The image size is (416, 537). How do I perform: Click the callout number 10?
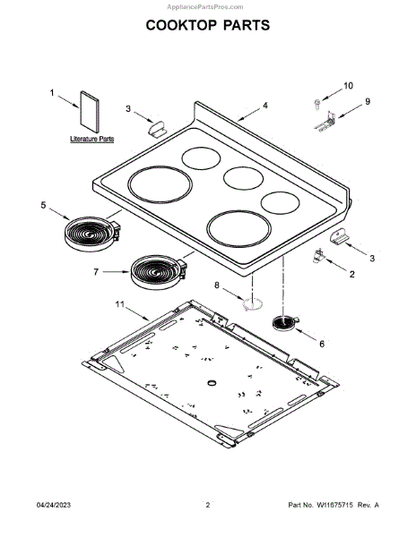(x=348, y=86)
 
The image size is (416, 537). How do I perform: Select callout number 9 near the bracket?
(x=368, y=101)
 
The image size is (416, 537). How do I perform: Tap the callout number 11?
(x=119, y=304)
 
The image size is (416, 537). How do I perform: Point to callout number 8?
(x=217, y=285)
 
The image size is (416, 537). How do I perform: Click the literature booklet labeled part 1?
(x=90, y=112)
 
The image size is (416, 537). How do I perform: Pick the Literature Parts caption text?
(x=92, y=139)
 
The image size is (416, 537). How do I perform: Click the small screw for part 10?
(x=316, y=104)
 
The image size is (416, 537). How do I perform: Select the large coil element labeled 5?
(x=92, y=234)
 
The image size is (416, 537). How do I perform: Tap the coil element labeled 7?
(x=159, y=272)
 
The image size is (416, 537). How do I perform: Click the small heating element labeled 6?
(x=285, y=323)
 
